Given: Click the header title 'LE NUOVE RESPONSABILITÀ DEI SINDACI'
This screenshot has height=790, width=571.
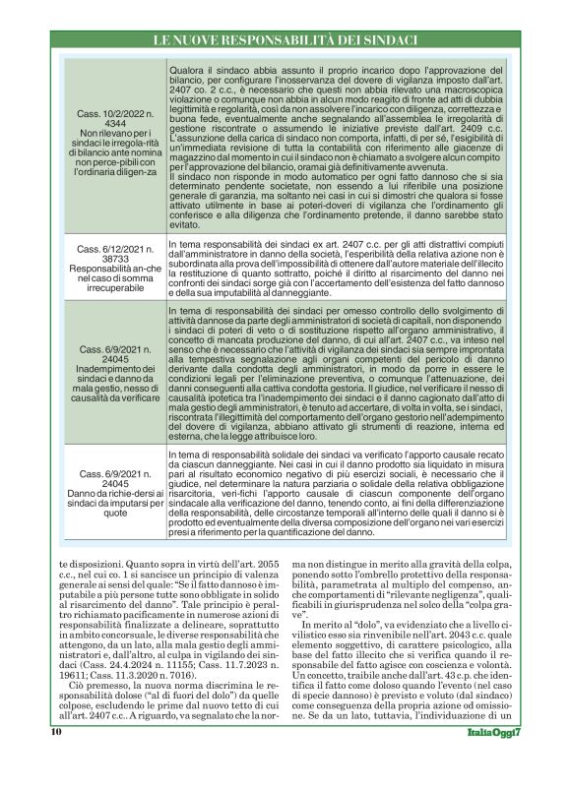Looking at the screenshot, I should [x=285, y=39].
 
